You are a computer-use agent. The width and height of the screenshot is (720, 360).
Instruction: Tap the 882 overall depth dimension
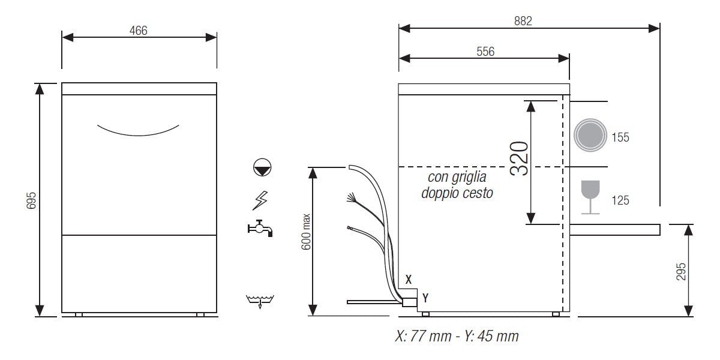[x=523, y=20]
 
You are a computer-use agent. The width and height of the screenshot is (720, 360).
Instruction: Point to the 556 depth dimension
[x=485, y=52]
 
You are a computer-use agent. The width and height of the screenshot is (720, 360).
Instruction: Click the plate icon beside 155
[x=589, y=134]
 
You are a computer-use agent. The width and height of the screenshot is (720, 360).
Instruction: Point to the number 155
[x=620, y=137]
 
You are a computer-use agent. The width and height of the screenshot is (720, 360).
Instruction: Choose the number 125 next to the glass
[x=620, y=200]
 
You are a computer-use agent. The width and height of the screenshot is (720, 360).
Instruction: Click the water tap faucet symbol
[x=260, y=228]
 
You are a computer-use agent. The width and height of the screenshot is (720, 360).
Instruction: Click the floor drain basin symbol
[x=260, y=300]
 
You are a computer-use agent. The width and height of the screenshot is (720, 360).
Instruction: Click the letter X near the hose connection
[x=409, y=279]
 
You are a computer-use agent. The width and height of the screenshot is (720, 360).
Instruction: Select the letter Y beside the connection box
[x=425, y=297]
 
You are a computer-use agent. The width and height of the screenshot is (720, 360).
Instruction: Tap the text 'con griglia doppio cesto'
[x=457, y=185]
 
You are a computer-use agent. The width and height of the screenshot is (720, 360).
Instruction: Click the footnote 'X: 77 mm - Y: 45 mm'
[x=457, y=337]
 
